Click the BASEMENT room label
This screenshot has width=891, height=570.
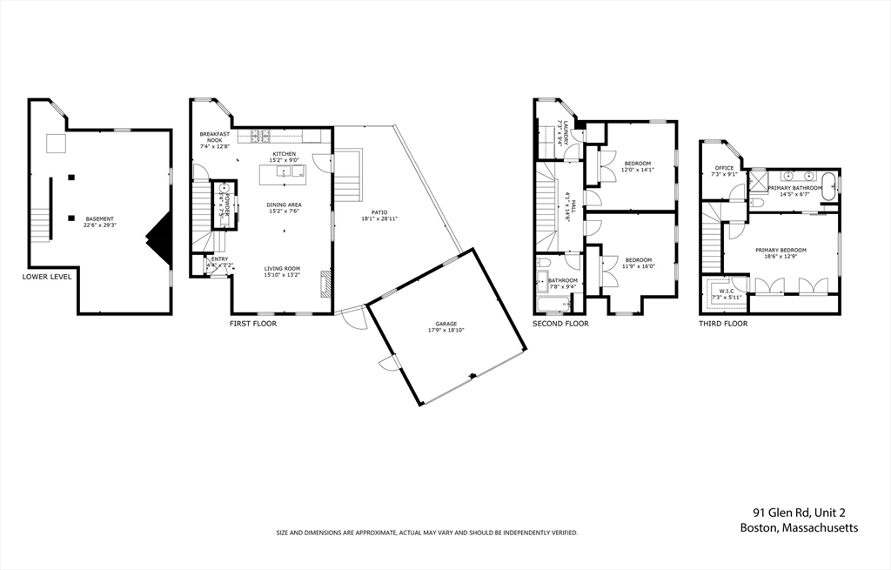98,218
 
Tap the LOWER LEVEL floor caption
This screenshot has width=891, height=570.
47,278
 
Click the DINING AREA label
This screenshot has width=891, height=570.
284,205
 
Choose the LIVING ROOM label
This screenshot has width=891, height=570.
284,269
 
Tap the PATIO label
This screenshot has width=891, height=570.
379,211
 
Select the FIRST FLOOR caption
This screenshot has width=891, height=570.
253,324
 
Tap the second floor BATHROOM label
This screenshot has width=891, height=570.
563,280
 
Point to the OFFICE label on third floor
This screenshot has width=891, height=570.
725,168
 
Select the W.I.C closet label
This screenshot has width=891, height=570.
726,291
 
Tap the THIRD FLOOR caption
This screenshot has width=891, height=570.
723,324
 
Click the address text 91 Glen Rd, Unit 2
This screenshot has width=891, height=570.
805,513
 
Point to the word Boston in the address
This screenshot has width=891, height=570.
758,528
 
